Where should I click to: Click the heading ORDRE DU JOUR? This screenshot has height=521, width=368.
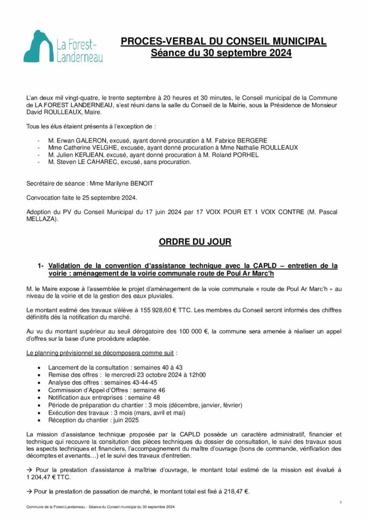tap(195, 242)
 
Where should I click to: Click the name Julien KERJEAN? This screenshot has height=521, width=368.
tap(80, 155)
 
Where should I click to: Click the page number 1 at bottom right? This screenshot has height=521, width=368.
tap(340, 502)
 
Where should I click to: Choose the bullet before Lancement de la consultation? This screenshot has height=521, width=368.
tap(40, 367)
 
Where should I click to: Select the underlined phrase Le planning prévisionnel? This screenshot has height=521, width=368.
tap(62, 353)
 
